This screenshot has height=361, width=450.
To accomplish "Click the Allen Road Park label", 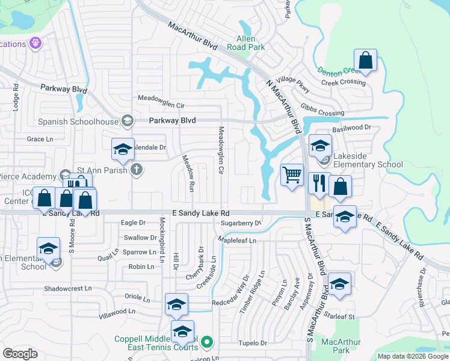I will pyautogui.click(x=242, y=43).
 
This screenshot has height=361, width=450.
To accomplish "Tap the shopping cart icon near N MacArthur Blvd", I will pyautogui.click(x=292, y=176).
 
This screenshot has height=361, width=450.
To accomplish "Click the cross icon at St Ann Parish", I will pyautogui.click(x=137, y=170).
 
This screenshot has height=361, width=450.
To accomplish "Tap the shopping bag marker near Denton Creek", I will pyautogui.click(x=365, y=61).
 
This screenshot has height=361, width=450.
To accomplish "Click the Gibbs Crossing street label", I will pyautogui.click(x=323, y=113).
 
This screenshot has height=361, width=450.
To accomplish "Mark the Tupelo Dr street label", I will pyautogui.click(x=253, y=343).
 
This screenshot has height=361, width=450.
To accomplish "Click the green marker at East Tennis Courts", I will pyautogui.click(x=207, y=343).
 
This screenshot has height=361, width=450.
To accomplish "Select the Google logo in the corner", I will pyautogui.click(x=20, y=354).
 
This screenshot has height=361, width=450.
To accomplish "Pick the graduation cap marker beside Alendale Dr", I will pyautogui.click(x=123, y=149).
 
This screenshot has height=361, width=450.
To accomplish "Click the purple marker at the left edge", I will pyautogui.click(x=35, y=43).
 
